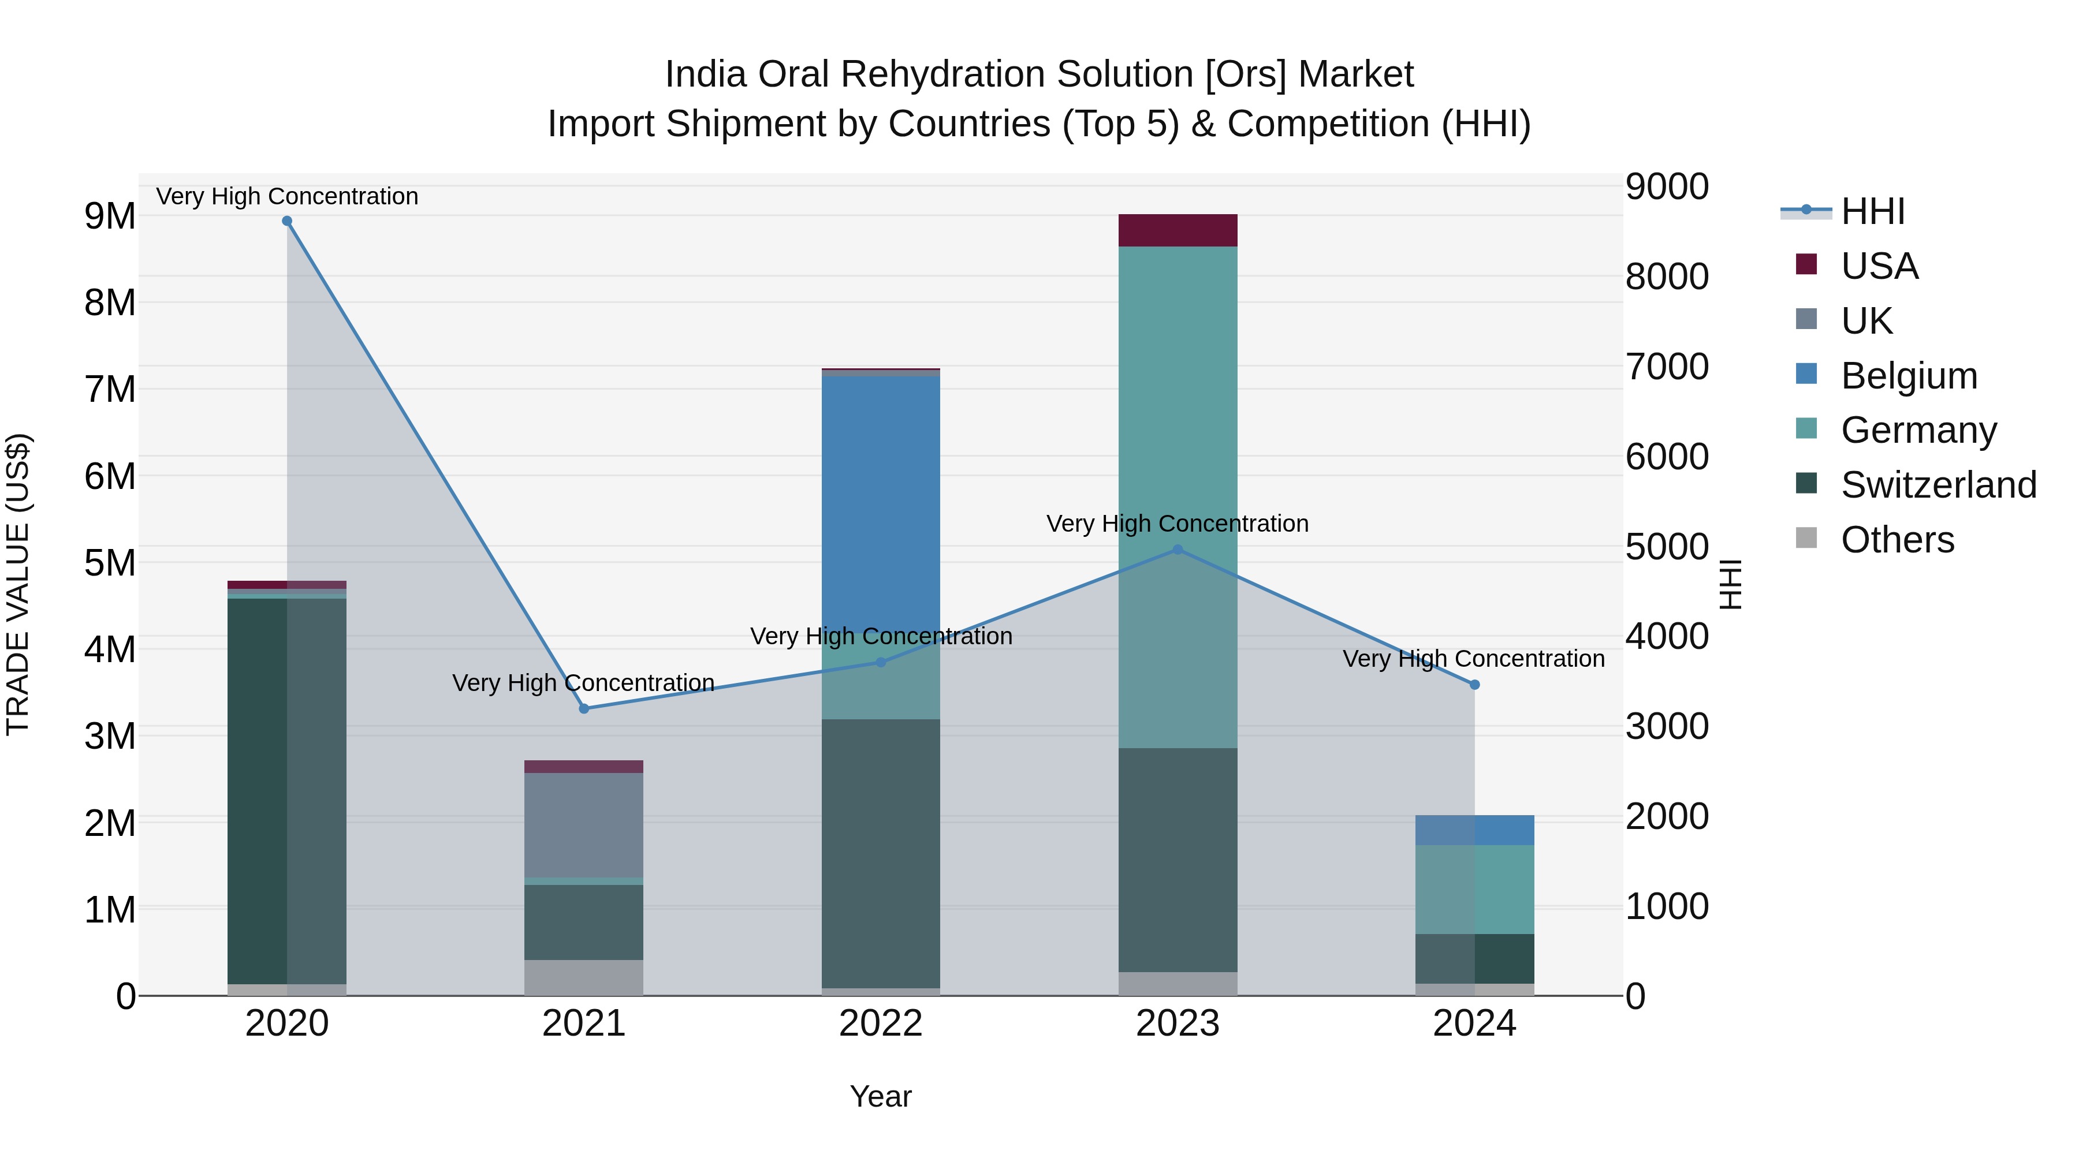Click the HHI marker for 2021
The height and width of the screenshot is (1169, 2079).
(x=584, y=708)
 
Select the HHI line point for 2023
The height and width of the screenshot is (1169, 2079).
(x=1178, y=550)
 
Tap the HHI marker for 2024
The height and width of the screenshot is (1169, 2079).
(x=1474, y=684)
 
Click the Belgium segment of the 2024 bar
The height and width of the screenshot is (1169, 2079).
(x=1474, y=830)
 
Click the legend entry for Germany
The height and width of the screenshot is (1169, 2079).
(x=1918, y=430)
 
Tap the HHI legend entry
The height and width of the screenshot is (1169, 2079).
(x=1872, y=211)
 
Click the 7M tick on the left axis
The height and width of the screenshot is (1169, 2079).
(x=110, y=390)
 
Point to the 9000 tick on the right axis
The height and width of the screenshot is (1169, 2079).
(x=1667, y=187)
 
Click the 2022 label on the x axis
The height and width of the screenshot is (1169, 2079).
(x=881, y=1024)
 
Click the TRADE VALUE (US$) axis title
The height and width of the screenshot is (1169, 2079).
(x=18, y=584)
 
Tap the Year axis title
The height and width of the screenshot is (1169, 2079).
(x=881, y=1096)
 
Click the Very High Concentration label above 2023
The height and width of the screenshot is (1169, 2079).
(x=1178, y=524)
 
